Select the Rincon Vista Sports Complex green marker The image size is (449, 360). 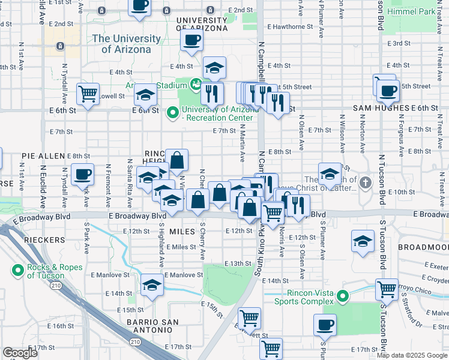[x=343, y=296]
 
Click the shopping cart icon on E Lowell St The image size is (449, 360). [x=88, y=94]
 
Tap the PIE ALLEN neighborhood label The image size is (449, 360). [x=43, y=155]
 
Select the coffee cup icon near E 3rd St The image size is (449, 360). [x=191, y=40]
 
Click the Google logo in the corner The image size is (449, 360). [x=20, y=353]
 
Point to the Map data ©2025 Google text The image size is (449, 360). [x=412, y=355]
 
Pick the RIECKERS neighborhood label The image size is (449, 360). [x=44, y=239]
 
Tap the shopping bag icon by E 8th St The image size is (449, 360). [x=177, y=161]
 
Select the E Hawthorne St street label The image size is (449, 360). [x=289, y=27]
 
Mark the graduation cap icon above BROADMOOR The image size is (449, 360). [x=363, y=241]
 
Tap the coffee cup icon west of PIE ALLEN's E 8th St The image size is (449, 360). [x=82, y=175]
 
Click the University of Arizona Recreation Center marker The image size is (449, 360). [x=173, y=112]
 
